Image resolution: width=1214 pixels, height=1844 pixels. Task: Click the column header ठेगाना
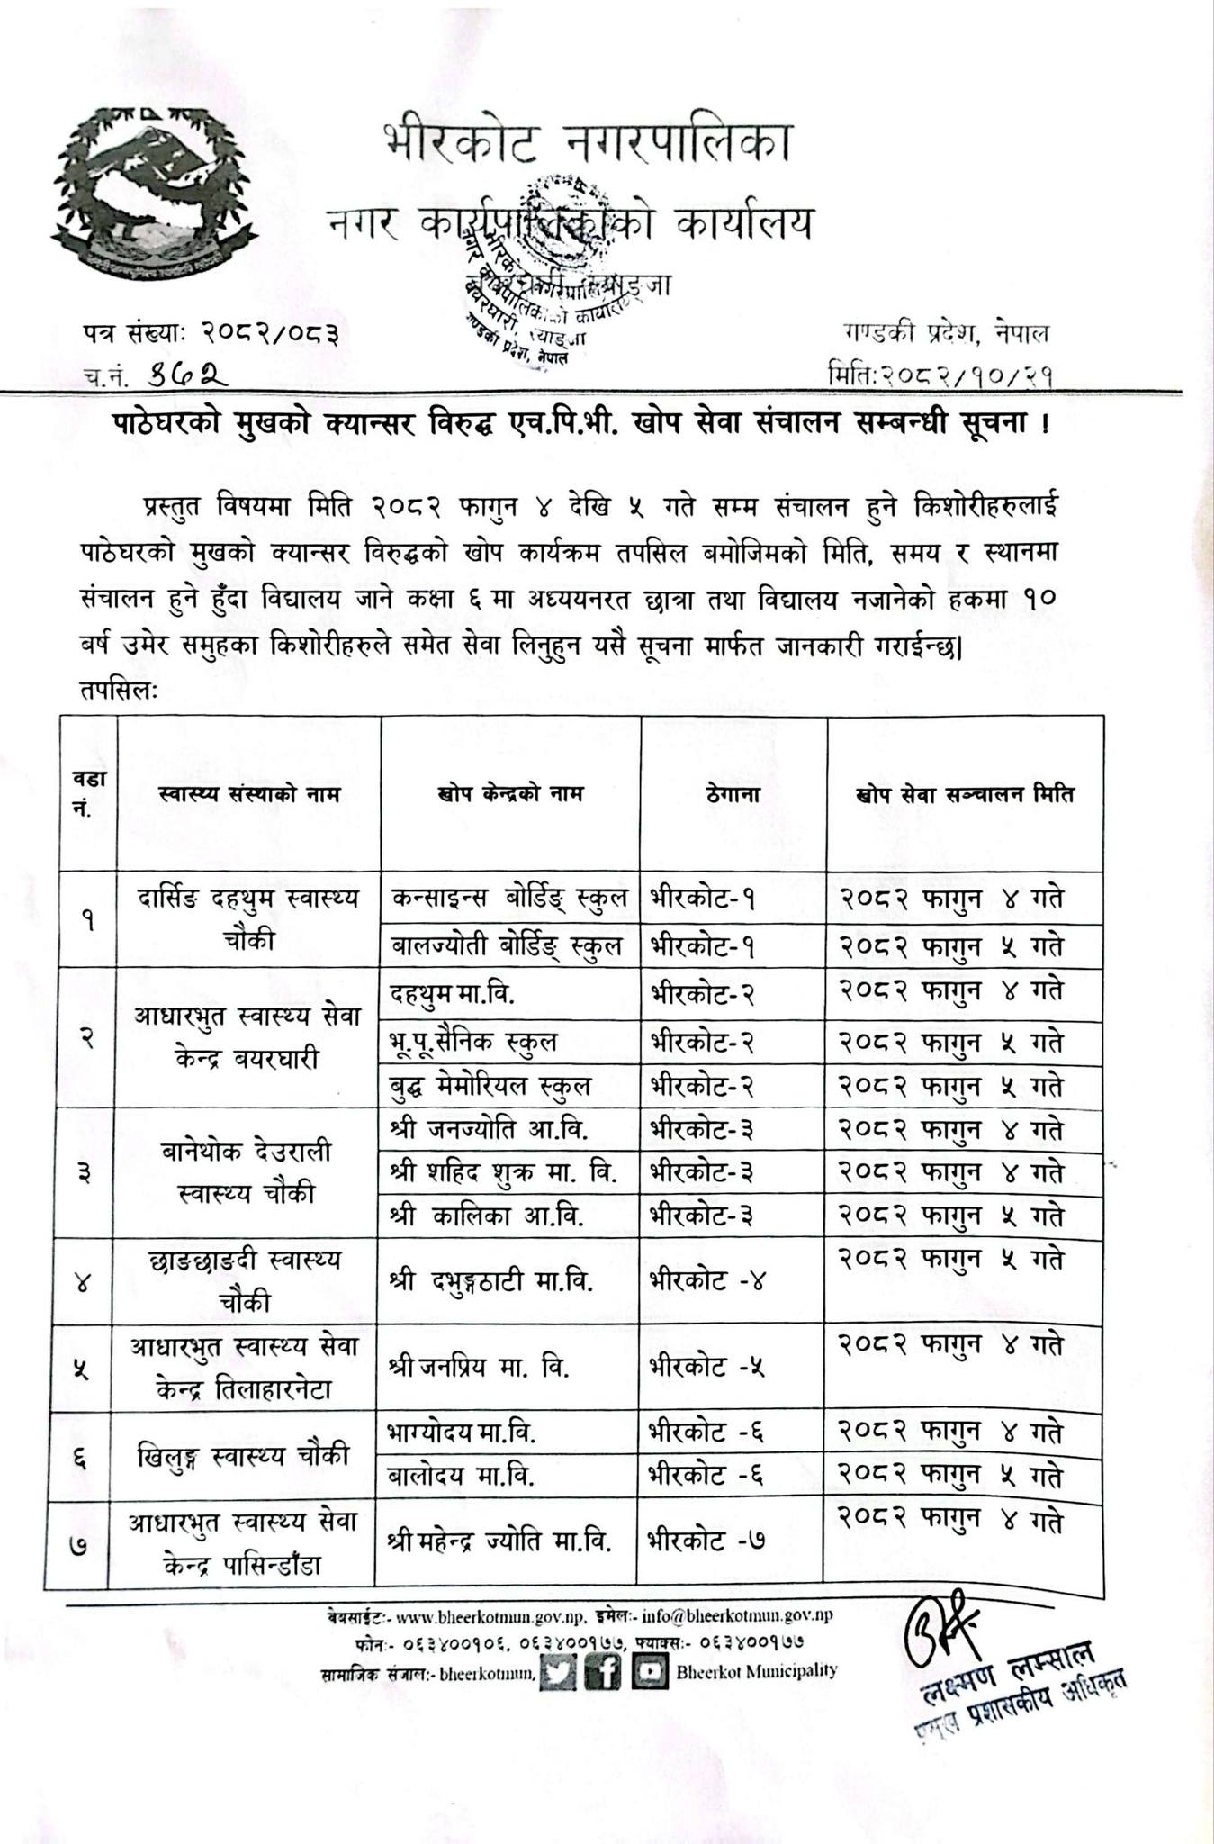point(733,795)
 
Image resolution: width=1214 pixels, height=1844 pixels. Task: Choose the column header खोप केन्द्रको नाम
point(511,794)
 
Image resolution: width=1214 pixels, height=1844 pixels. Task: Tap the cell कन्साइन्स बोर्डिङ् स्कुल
point(509,899)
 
